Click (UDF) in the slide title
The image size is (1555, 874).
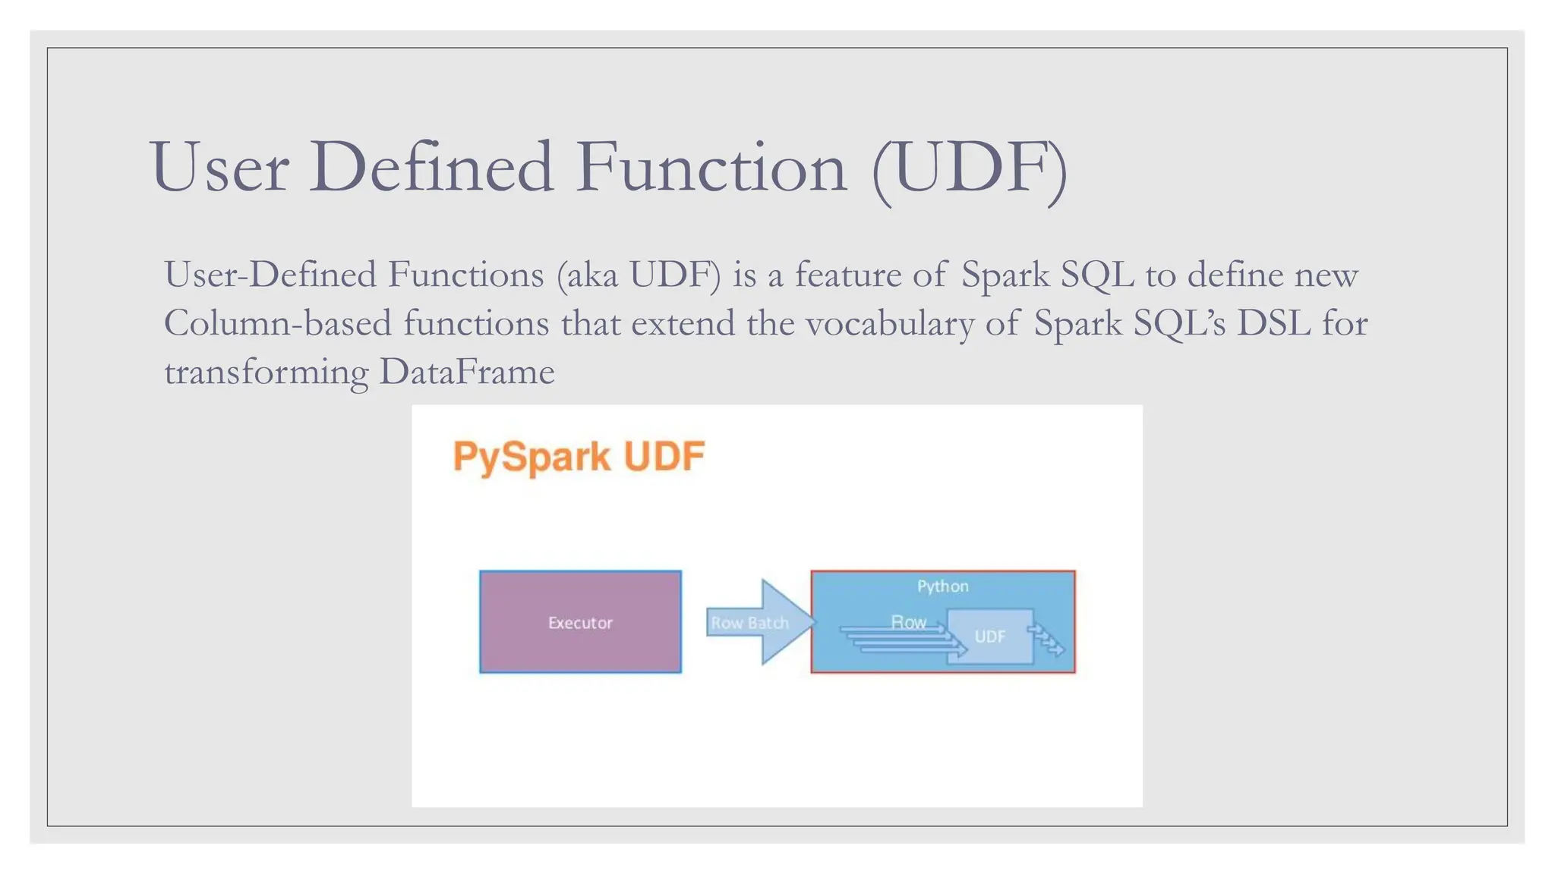coord(970,168)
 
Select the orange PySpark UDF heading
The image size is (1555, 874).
coord(579,457)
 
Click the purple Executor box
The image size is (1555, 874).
coord(580,622)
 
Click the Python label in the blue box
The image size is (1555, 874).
coord(942,586)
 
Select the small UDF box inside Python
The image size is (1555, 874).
coord(990,637)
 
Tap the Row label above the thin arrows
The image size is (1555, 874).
coord(908,622)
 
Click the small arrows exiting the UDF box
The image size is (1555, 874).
coord(1049,641)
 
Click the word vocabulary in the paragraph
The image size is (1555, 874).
coord(889,324)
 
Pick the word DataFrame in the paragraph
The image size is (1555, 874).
coord(466,373)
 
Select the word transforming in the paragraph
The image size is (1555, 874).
coord(266,373)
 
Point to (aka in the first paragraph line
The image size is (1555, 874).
coord(587,275)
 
